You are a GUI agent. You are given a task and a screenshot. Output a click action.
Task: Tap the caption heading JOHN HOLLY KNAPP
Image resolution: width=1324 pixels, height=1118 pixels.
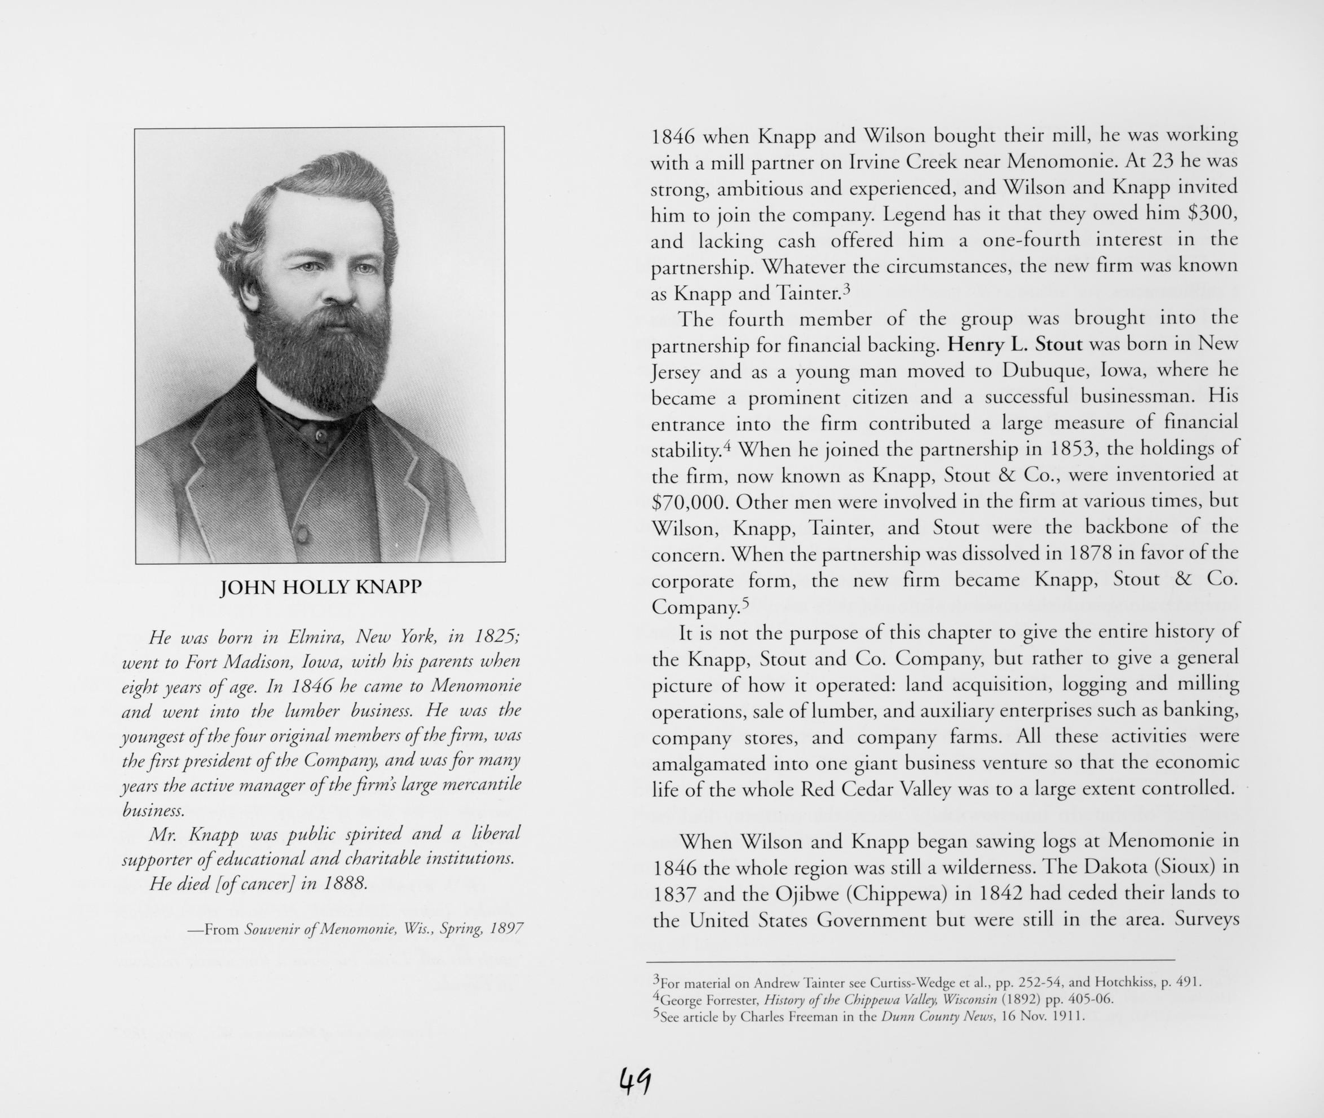pos(320,588)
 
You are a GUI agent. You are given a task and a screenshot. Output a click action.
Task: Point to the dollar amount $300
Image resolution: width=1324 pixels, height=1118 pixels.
pos(1211,213)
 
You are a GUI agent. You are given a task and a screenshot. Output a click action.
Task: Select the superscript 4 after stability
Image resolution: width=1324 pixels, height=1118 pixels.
pos(727,445)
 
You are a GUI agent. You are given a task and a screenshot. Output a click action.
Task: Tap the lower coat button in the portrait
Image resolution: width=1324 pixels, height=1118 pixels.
pos(302,534)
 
